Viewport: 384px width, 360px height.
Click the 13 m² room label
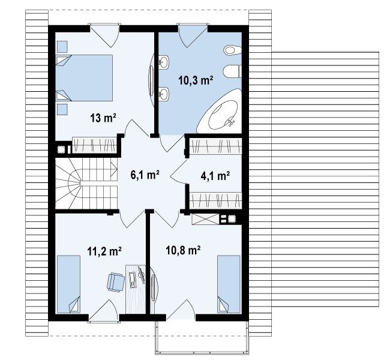click(103, 118)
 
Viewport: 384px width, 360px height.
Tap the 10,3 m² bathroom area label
click(196, 80)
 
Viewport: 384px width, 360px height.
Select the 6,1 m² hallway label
click(145, 175)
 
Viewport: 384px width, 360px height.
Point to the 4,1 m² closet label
click(215, 176)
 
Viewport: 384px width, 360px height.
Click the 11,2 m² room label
click(104, 251)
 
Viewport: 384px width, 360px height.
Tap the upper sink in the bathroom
click(164, 62)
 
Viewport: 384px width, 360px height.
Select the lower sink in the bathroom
click(164, 94)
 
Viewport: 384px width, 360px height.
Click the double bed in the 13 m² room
click(85, 78)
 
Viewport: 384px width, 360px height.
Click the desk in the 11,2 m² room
click(136, 289)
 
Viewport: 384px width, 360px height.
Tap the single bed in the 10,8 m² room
click(229, 284)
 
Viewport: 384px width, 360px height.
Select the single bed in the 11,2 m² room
click(68, 284)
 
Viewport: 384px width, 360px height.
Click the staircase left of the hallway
click(86, 183)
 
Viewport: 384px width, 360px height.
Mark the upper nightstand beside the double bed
click(62, 47)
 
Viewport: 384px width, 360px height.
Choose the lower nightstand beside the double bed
click(62, 109)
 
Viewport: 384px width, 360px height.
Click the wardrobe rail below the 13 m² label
click(94, 145)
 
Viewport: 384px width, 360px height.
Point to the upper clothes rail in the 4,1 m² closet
click(216, 146)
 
